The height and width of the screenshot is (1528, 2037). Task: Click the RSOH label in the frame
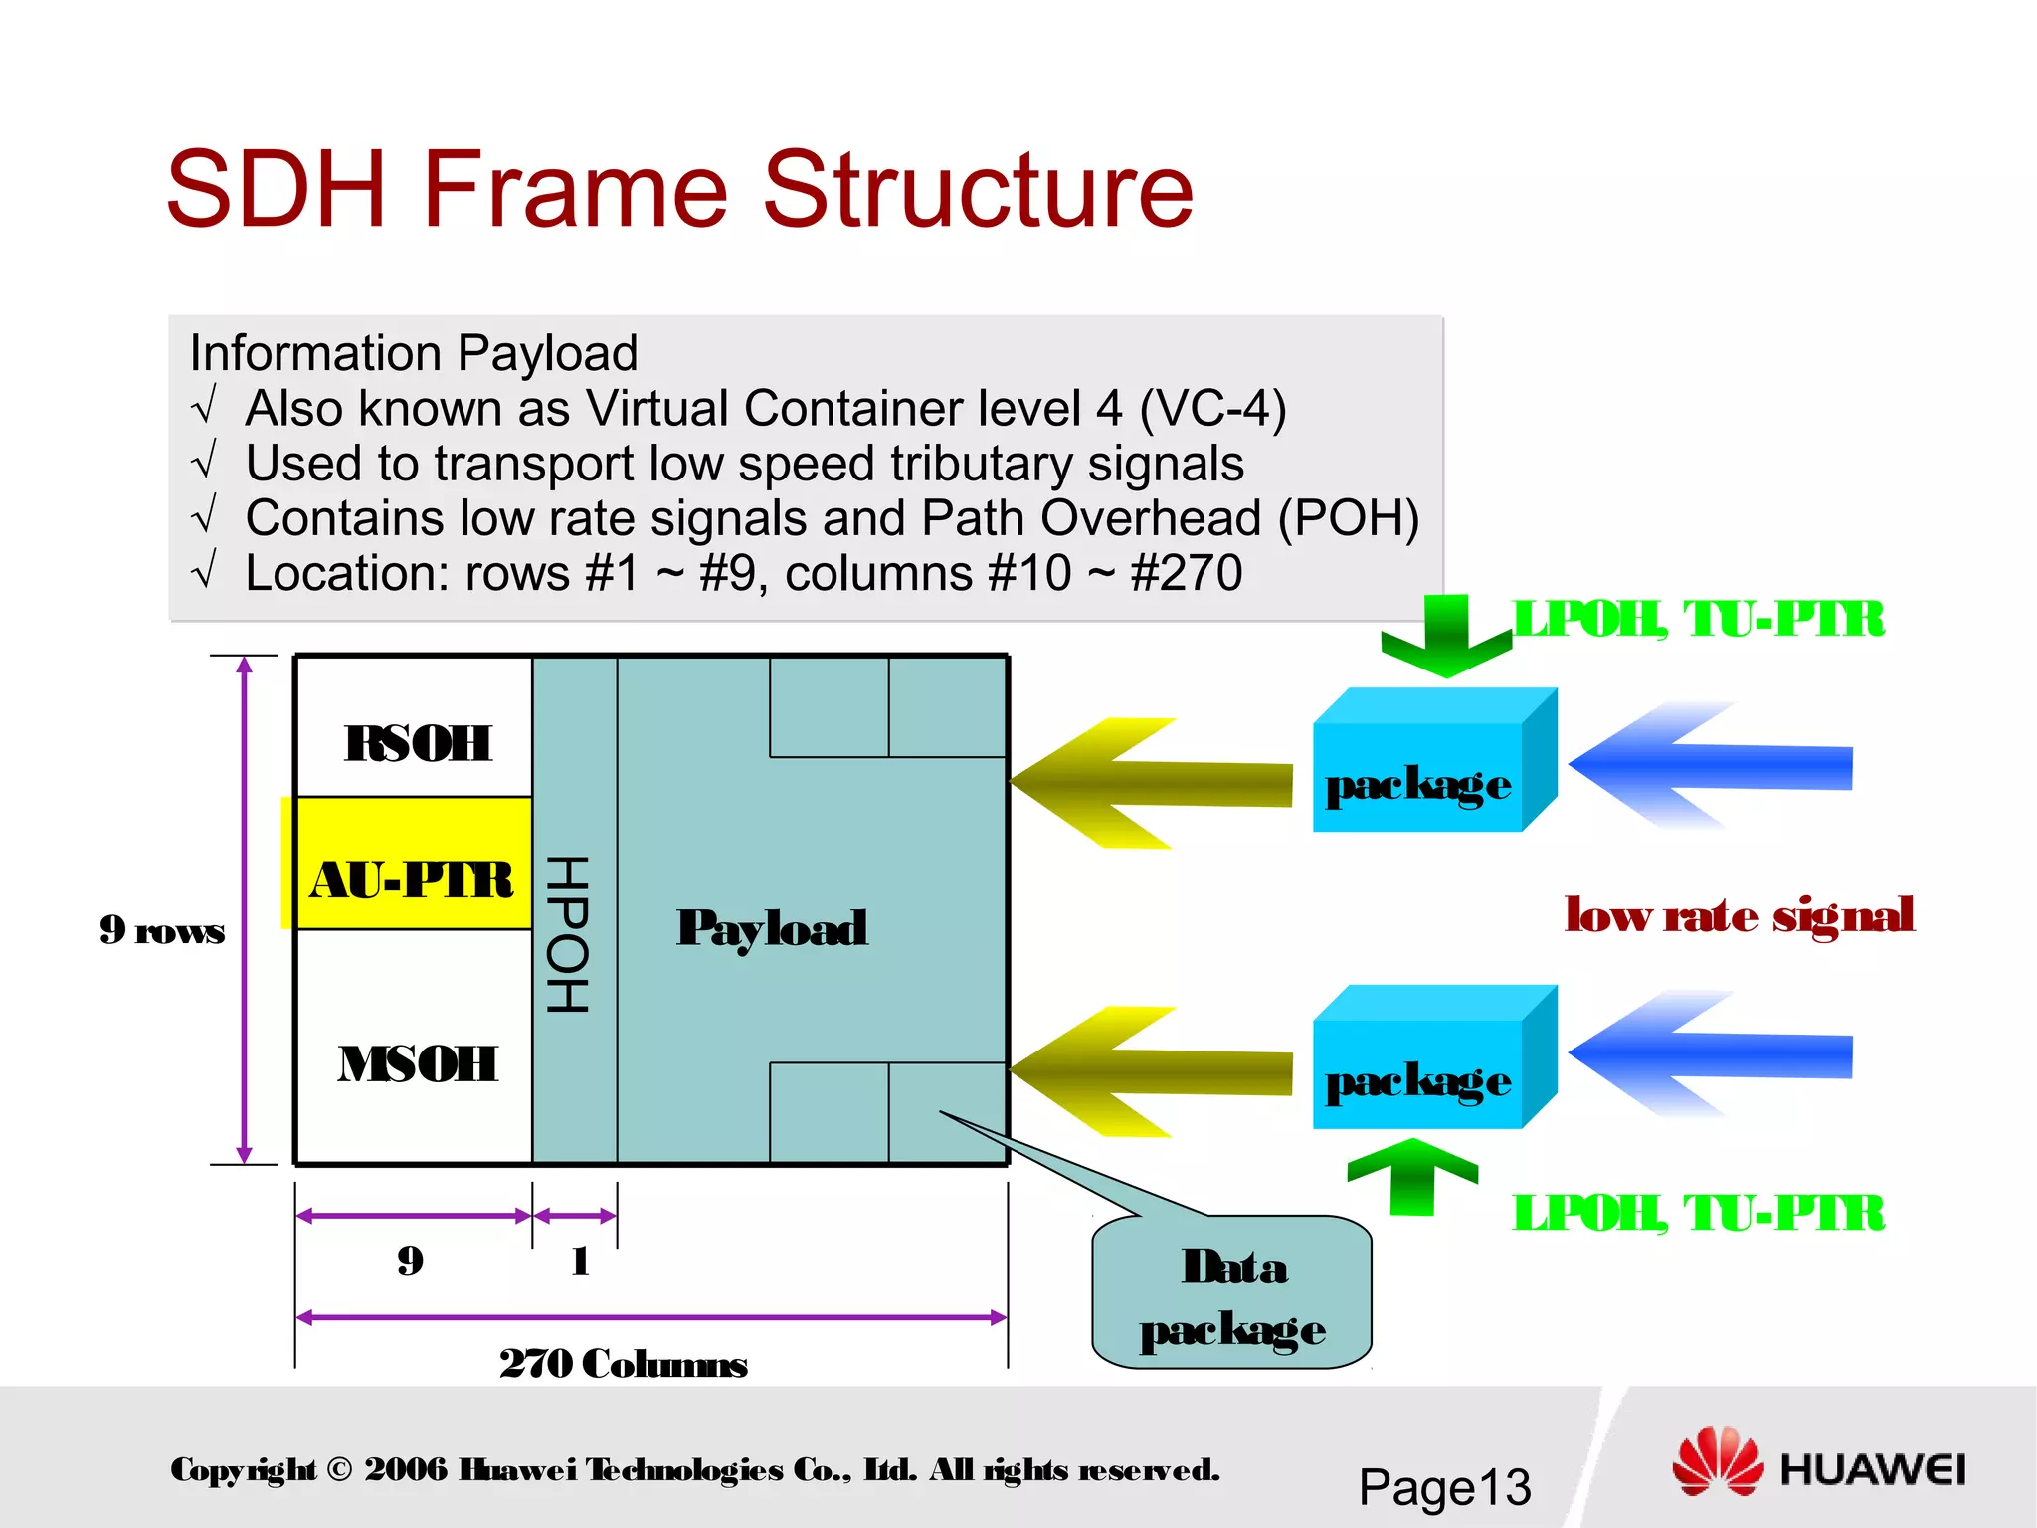click(x=418, y=743)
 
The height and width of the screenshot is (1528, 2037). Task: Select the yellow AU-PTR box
click(x=412, y=863)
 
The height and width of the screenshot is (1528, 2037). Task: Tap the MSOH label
click(x=418, y=1063)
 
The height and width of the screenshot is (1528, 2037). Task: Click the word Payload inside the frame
click(x=772, y=928)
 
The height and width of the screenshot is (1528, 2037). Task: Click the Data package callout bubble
click(x=1232, y=1296)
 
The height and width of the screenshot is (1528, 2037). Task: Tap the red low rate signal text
click(x=1739, y=914)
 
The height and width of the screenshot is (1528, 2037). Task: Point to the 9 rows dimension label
click(x=162, y=930)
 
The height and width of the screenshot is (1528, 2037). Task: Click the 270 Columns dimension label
click(x=623, y=1363)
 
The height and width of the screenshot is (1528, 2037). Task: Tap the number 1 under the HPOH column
click(x=581, y=1261)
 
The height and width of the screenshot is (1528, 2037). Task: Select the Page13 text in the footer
click(x=1444, y=1487)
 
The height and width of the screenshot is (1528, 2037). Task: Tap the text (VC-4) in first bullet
click(x=1212, y=408)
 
